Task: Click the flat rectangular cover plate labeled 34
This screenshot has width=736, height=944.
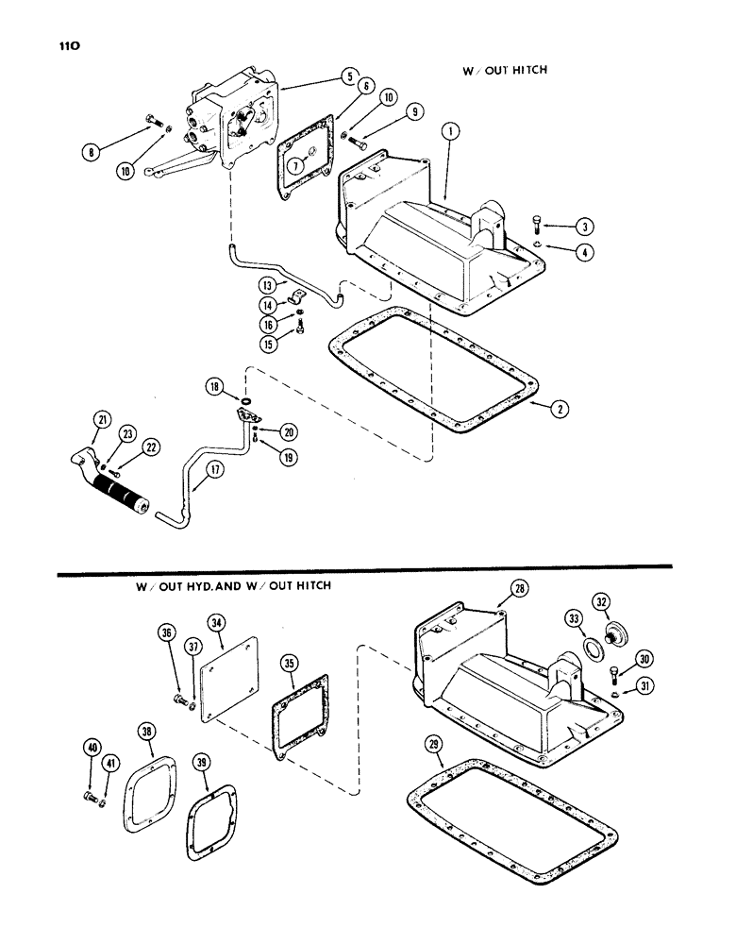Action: pos(228,678)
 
